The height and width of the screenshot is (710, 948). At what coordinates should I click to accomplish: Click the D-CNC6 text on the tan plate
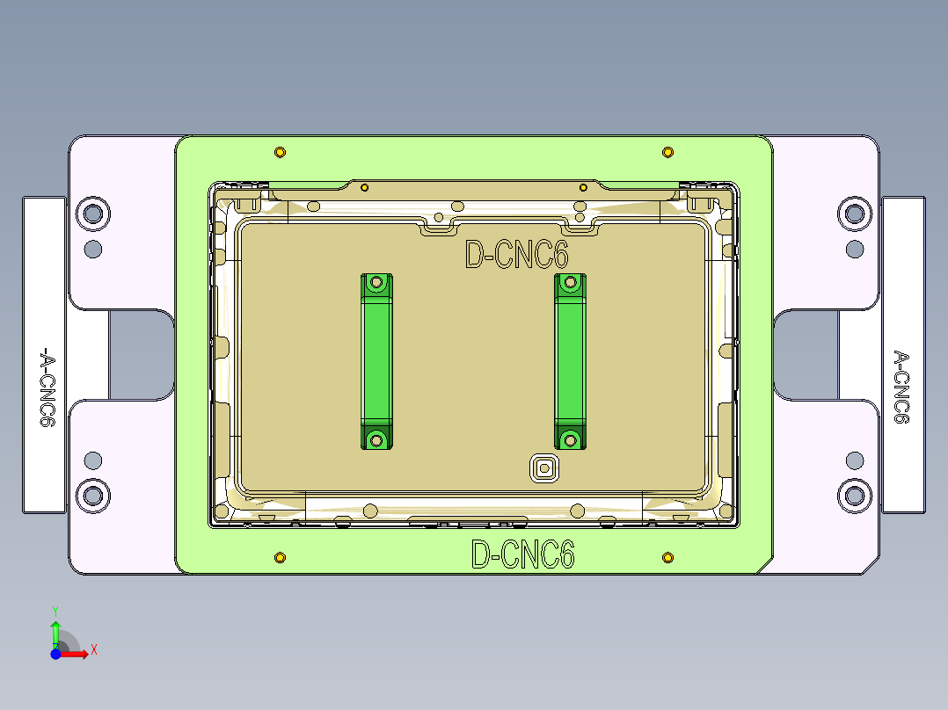point(517,256)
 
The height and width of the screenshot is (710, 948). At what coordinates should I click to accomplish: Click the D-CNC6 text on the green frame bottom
point(523,555)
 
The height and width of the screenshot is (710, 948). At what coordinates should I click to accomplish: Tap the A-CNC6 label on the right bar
point(901,387)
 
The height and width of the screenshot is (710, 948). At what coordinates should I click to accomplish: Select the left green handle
point(376,361)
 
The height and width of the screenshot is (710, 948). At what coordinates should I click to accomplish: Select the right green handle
point(570,361)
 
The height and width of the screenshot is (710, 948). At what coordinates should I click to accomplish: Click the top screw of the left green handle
point(377,283)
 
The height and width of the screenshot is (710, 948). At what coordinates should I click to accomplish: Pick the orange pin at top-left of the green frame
point(280,153)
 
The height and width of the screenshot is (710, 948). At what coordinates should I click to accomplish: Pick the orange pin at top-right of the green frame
point(667,153)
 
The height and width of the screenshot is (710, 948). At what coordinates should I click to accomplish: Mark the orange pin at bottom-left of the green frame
point(280,557)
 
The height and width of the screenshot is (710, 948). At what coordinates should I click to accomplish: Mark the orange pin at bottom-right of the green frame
point(667,557)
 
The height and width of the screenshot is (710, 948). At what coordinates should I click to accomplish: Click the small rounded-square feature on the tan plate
point(544,468)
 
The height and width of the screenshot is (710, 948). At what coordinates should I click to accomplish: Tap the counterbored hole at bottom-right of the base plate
point(853,496)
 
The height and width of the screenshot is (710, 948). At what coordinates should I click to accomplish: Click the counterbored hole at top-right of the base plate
point(853,213)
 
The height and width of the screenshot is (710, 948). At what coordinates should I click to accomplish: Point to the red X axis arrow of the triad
point(79,653)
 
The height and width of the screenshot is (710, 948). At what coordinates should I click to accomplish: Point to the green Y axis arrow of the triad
point(55,629)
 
